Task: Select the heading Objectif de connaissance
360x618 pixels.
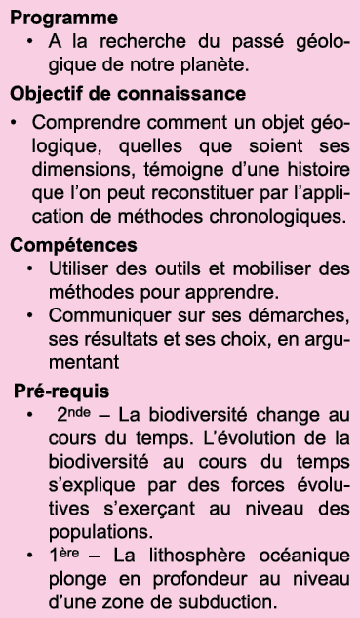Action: (128, 94)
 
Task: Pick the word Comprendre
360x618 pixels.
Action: (87, 123)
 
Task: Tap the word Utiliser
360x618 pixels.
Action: (80, 268)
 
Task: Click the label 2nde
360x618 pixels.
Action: (73, 413)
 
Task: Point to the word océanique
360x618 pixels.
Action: (308, 556)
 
